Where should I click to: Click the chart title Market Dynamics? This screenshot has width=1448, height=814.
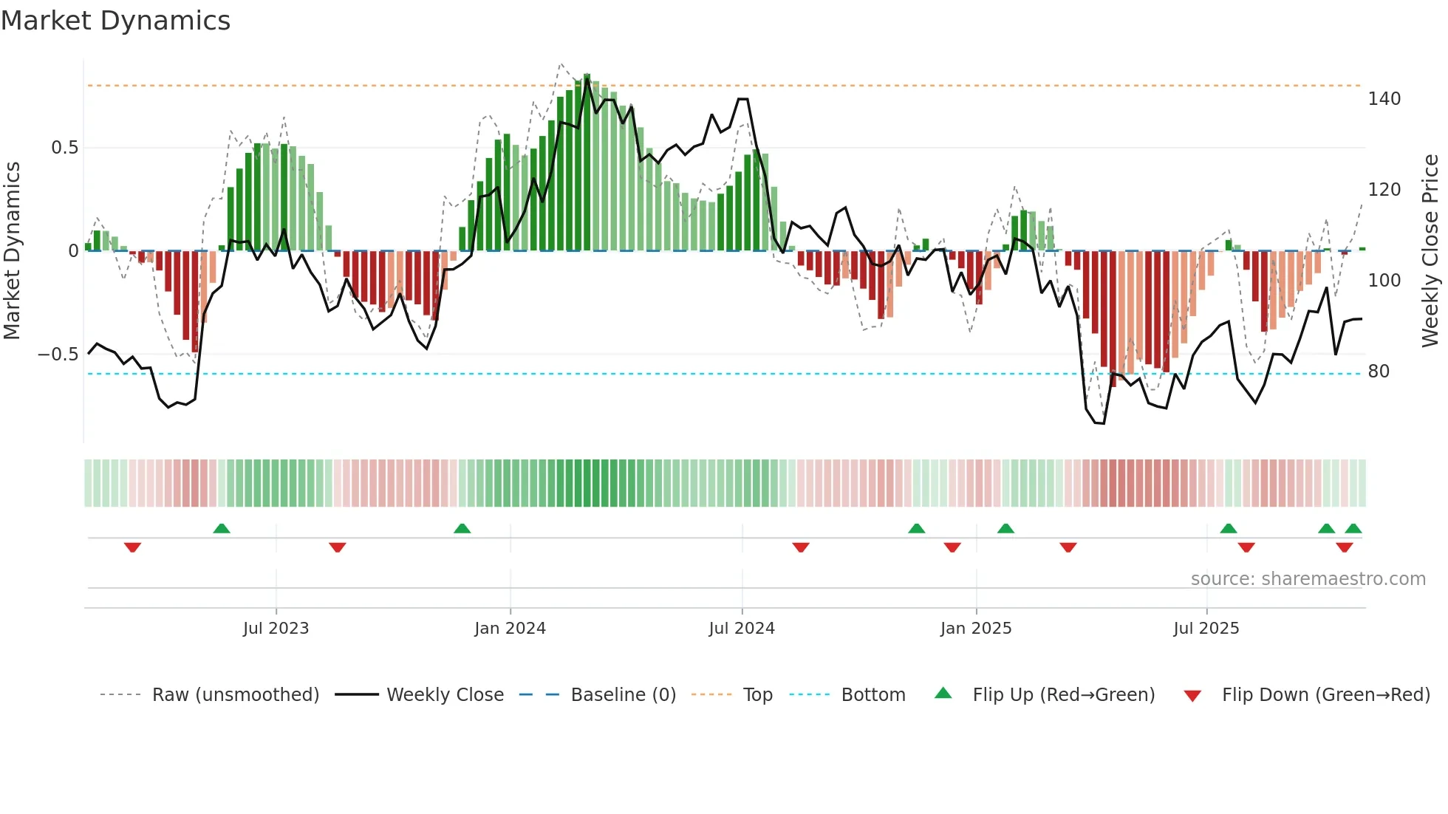(x=116, y=21)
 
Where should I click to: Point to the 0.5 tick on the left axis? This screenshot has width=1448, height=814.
(x=64, y=148)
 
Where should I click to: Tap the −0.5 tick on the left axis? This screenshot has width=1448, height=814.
(x=58, y=355)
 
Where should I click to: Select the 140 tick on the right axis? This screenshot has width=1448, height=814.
(x=1384, y=99)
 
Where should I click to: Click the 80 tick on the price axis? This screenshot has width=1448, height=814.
(x=1379, y=372)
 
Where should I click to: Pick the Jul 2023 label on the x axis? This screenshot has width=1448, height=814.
(x=276, y=629)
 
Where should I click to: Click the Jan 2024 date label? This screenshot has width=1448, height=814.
(x=510, y=629)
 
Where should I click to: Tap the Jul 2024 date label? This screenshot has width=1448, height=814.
(x=742, y=629)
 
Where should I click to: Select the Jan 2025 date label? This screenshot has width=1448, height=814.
(x=976, y=629)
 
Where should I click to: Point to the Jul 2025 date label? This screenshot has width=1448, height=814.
(x=1206, y=629)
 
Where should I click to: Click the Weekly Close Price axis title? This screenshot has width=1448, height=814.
(x=1430, y=251)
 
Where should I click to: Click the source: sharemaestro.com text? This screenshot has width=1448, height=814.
(x=1308, y=579)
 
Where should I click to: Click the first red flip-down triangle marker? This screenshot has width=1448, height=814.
(x=132, y=547)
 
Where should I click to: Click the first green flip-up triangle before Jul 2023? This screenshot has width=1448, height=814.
(x=222, y=528)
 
